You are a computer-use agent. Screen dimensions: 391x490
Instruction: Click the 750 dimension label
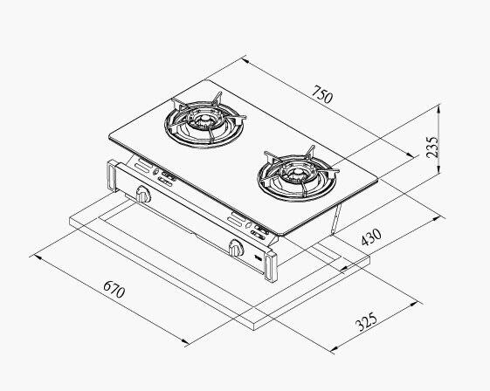coord(321,97)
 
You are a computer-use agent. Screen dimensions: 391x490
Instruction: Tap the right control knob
coord(235,249)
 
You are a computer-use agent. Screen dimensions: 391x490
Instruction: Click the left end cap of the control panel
coord(111,177)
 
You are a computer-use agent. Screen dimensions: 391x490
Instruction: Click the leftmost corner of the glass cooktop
coord(107,136)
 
